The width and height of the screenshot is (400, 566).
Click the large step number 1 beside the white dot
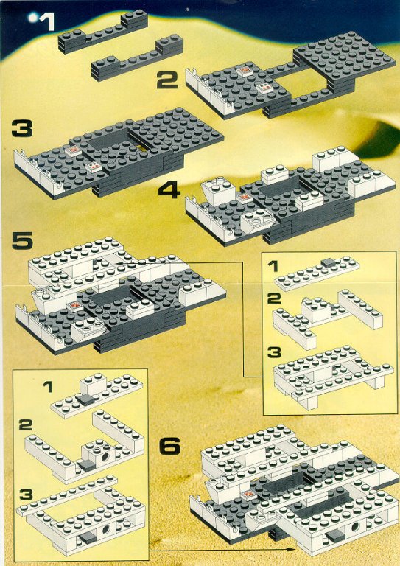pos(47,22)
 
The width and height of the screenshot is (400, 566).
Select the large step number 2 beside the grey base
pos(167,80)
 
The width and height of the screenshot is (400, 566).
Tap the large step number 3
pos(22,129)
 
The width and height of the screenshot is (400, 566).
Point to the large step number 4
pos(169,190)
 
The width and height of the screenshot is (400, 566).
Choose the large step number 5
pos(22,241)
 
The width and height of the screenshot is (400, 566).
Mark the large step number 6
pos(169,447)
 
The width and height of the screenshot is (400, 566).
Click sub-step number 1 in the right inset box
pos(273,267)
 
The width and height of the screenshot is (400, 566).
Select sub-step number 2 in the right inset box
pos(273,300)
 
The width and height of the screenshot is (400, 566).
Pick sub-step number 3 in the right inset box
pos(274,352)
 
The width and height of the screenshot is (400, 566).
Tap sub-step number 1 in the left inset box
pos(47,388)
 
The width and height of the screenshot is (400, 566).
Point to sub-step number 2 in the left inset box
pos(25,425)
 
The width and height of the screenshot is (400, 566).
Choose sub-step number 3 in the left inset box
pos(26,495)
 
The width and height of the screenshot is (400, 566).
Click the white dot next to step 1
pos(34,17)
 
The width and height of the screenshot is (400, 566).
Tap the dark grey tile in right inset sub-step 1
pos(329,263)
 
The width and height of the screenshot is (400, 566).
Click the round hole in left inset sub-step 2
pos(106,458)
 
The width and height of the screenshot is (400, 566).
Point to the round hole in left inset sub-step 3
pos(106,530)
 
